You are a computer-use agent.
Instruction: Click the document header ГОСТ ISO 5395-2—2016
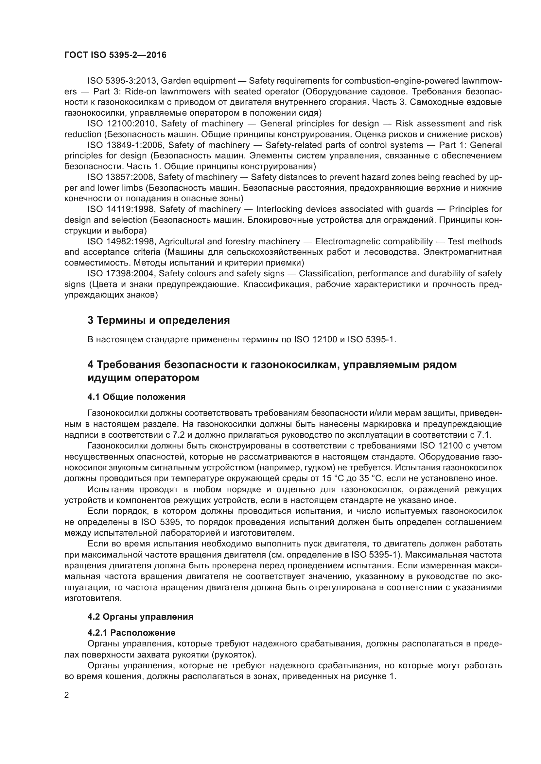coord(115,55)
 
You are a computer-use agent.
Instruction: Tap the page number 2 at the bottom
coord(67,695)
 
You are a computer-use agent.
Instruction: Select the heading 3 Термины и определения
coord(159,320)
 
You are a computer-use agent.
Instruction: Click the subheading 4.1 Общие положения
coord(137,397)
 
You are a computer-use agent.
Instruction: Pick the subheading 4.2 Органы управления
coord(140,617)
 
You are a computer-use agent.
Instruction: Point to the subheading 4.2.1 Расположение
coord(131,632)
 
